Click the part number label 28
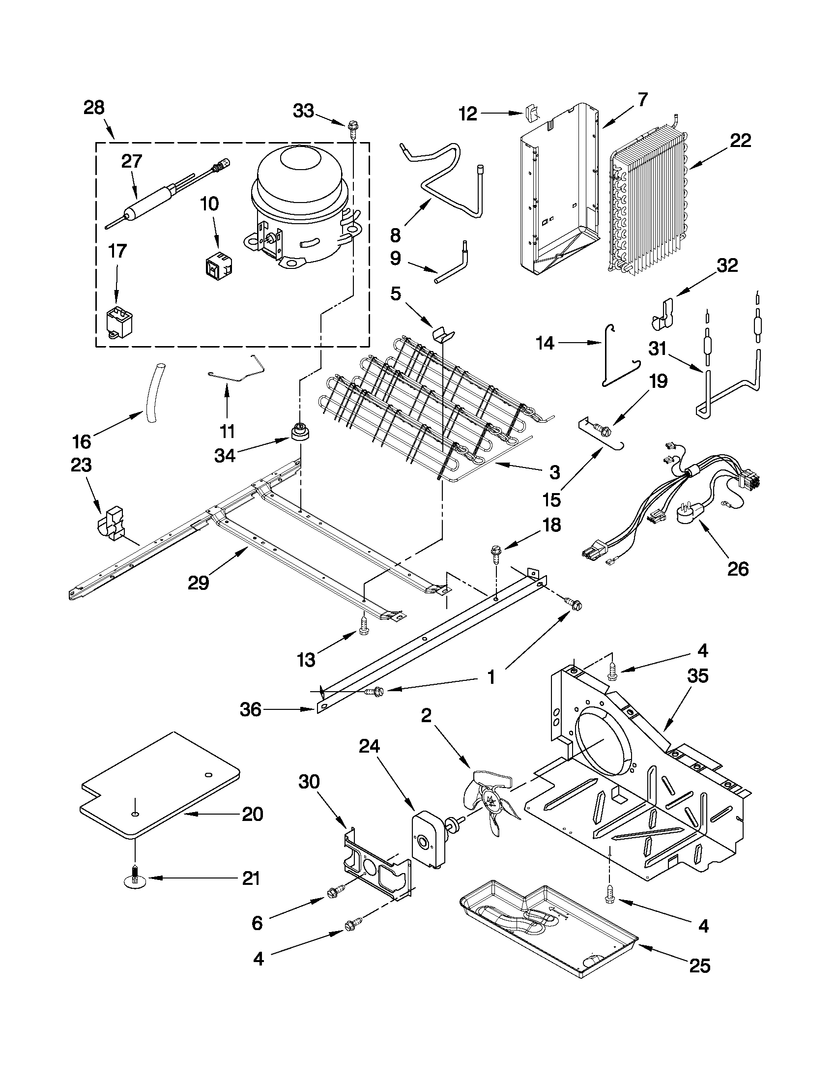(x=93, y=108)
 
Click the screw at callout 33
(x=353, y=128)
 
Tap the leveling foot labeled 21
(x=135, y=879)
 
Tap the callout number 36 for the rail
(x=250, y=709)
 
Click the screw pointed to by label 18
(x=495, y=553)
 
